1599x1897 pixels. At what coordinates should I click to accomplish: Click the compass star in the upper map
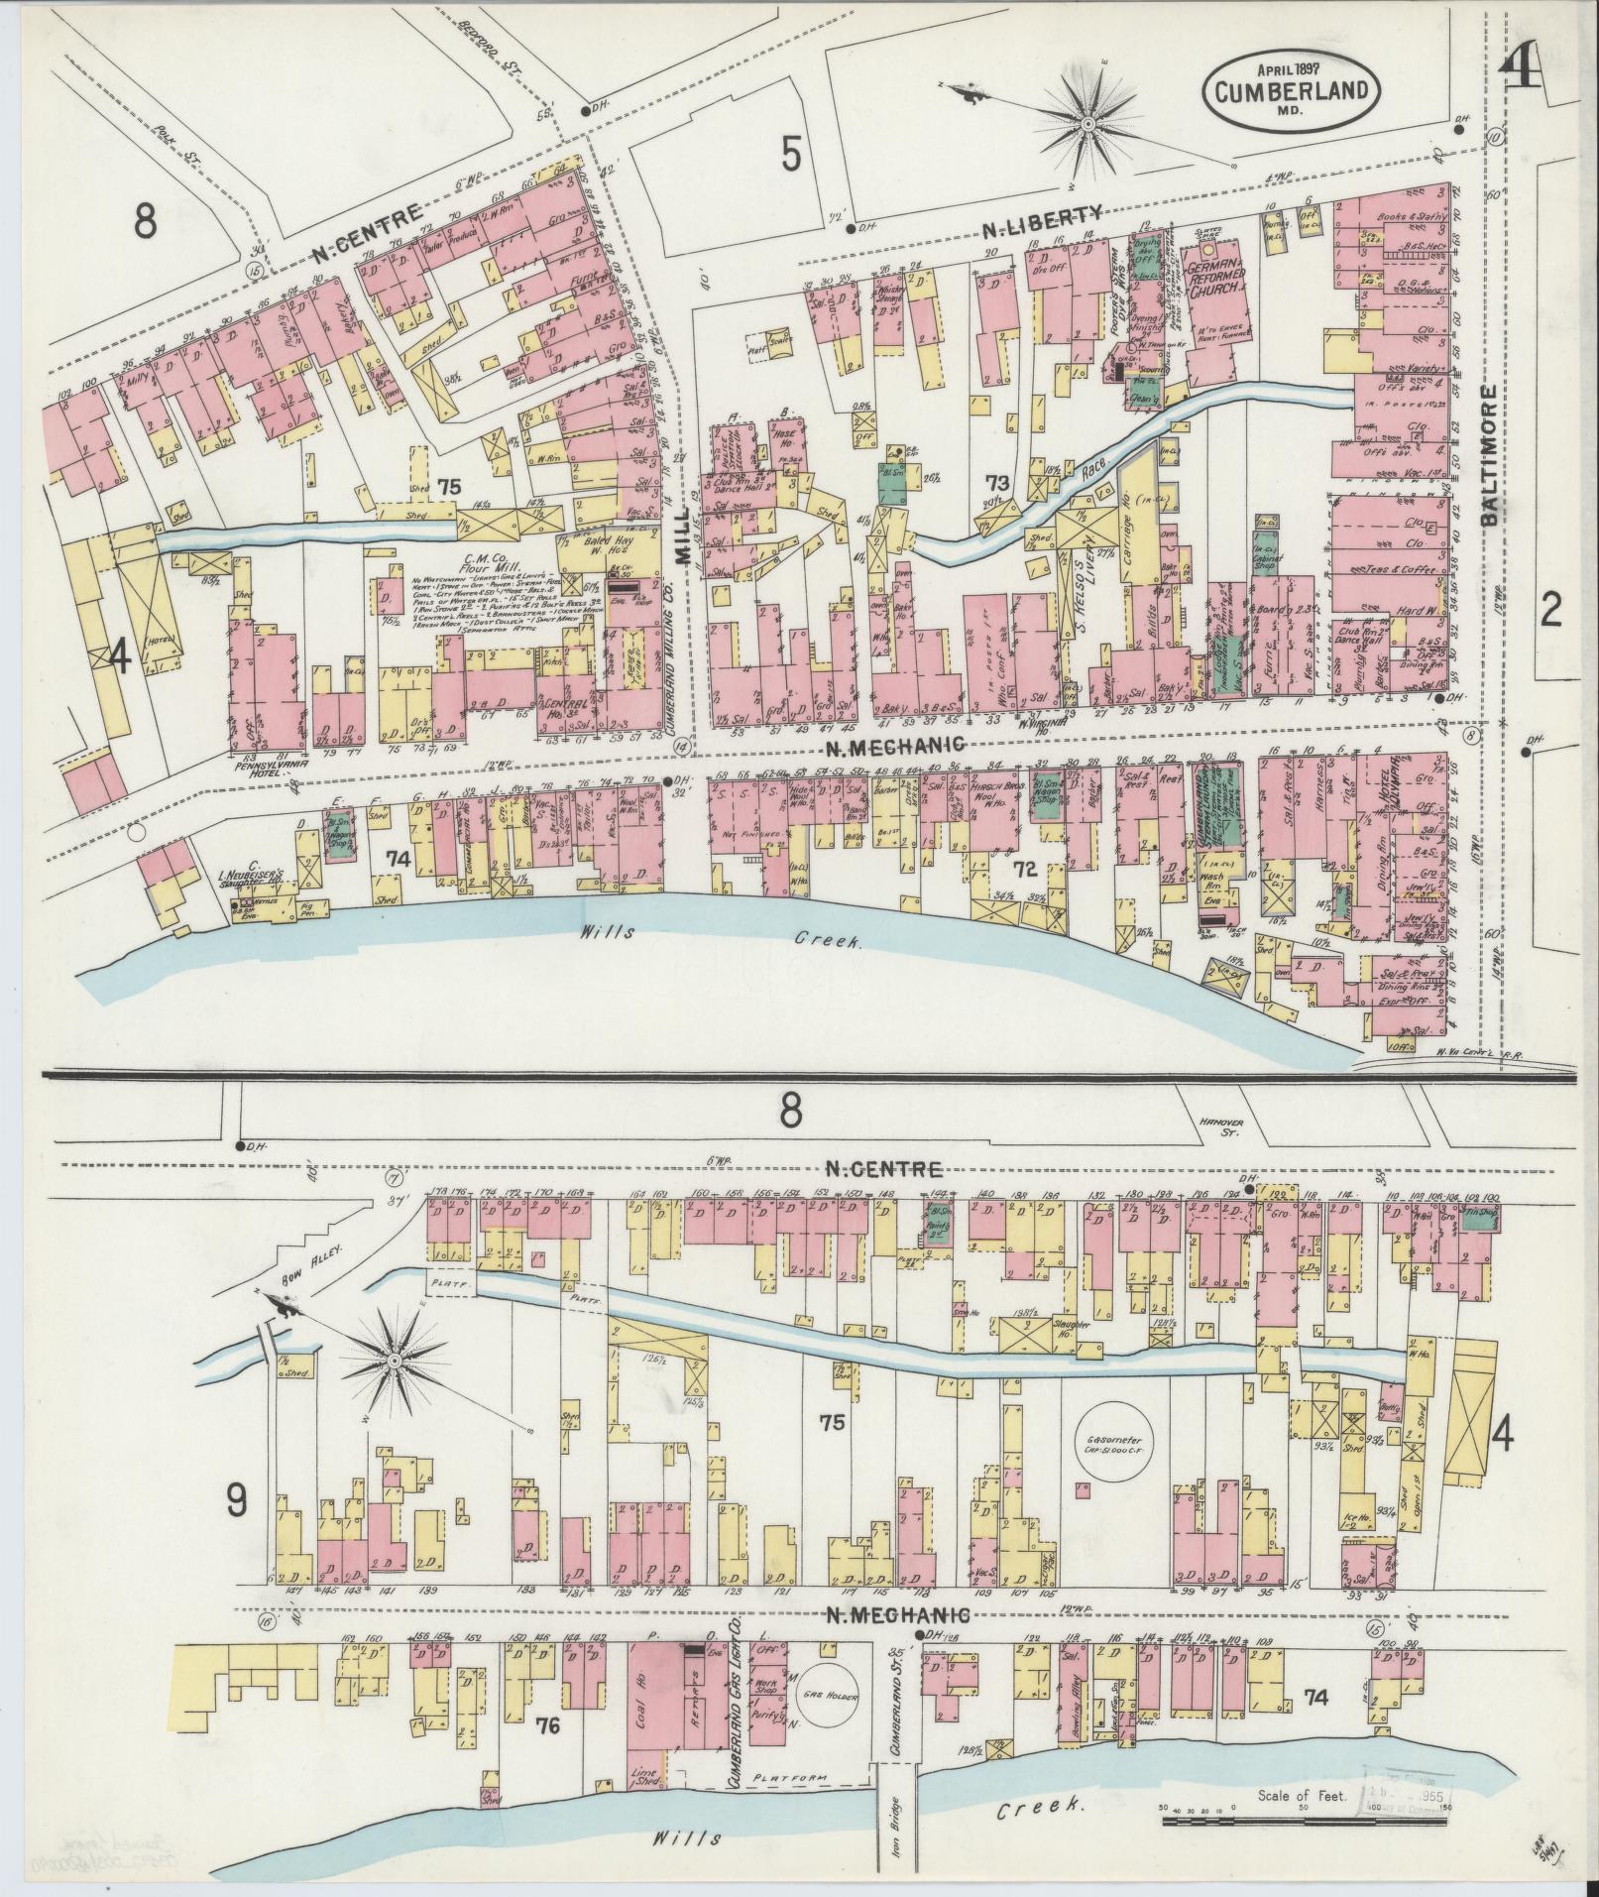tap(1087, 123)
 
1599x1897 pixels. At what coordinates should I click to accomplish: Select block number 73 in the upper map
tap(996, 483)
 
